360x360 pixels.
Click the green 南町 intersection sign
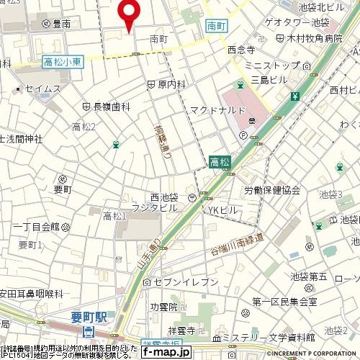pos(215,24)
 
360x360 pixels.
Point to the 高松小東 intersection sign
pos(63,64)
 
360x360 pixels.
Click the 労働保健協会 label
pos(271,190)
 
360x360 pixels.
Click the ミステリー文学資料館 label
pos(269,336)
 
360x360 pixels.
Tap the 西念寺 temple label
pos(241,50)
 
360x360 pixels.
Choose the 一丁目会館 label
pos(35,226)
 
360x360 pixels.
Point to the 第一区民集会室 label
pos(284,301)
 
